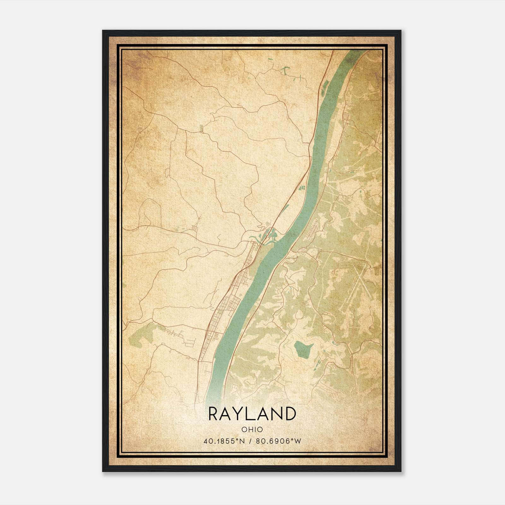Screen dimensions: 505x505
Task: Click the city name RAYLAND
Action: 252,414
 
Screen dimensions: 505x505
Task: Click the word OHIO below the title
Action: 252,429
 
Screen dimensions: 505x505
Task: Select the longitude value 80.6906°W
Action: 278,441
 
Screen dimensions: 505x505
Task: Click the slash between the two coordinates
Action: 251,441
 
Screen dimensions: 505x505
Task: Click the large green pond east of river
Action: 303,348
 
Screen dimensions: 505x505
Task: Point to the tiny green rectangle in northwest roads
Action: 201,128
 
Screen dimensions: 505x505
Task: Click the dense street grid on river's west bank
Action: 227,303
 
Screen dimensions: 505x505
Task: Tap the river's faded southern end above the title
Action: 215,395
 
